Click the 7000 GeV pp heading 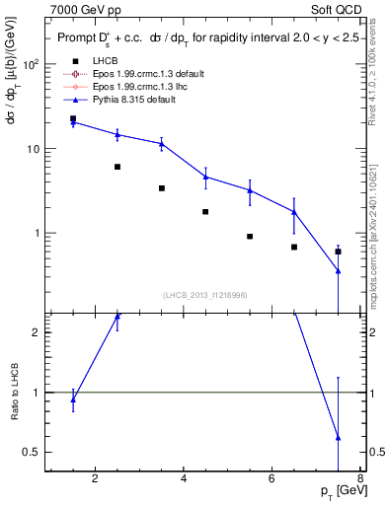[x=84, y=9]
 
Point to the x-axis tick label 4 [x=185, y=480]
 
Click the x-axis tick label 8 [x=362, y=480]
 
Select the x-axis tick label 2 [x=95, y=480]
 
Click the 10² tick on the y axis [x=30, y=64]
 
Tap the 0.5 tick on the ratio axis [x=32, y=452]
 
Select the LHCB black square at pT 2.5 [x=117, y=167]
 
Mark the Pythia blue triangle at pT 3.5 [x=161, y=144]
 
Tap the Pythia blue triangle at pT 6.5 [x=294, y=212]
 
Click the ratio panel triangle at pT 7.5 [x=338, y=437]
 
